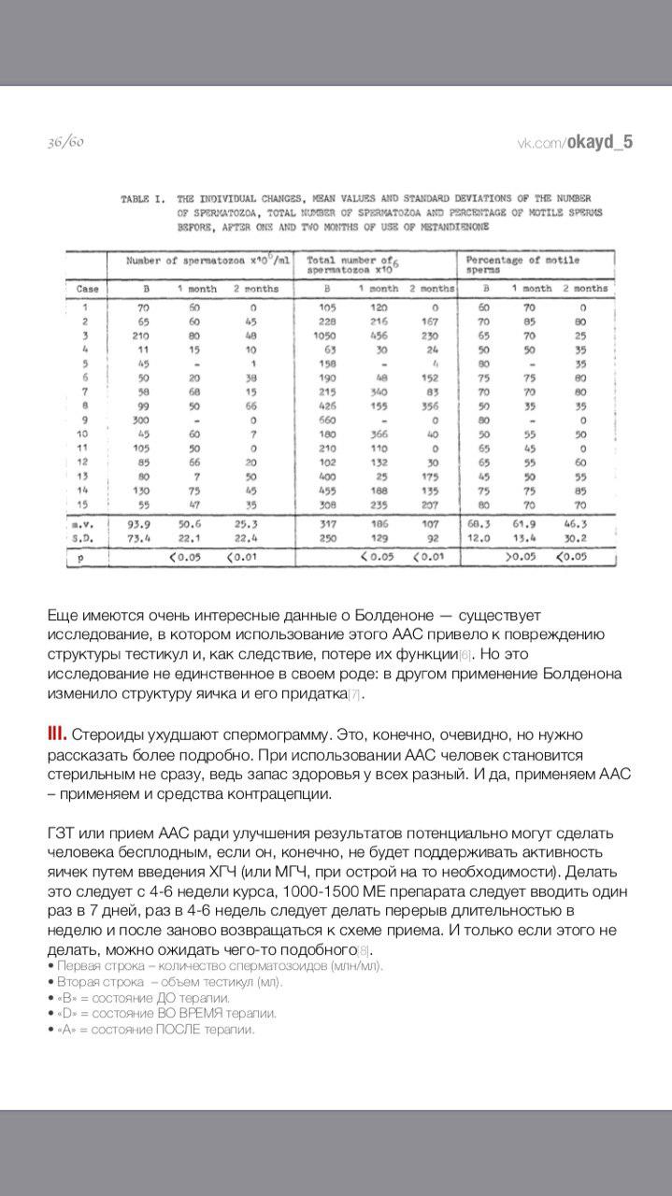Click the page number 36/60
tap(65, 142)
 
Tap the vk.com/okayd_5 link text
tap(575, 142)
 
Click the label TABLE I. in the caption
tap(143, 199)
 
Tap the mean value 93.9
tap(145, 523)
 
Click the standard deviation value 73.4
tap(145, 538)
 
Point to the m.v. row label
tap(86, 523)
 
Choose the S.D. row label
tap(86, 538)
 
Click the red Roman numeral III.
tap(57, 734)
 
